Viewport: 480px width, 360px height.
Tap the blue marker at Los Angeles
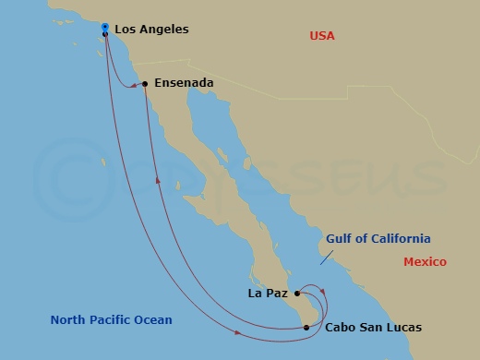[x=105, y=27]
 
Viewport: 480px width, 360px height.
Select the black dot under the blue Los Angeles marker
[x=105, y=34]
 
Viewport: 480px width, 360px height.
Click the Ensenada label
[x=184, y=83]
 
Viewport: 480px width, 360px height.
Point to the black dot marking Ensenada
[x=146, y=84]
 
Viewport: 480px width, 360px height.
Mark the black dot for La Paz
[x=296, y=294]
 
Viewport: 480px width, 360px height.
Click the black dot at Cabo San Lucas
[x=306, y=327]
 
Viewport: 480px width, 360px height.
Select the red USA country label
[x=322, y=36]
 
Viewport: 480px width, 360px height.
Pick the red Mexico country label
[x=425, y=262]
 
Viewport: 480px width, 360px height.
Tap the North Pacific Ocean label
[x=112, y=320]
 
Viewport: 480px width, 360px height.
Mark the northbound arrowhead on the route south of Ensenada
[x=158, y=181]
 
